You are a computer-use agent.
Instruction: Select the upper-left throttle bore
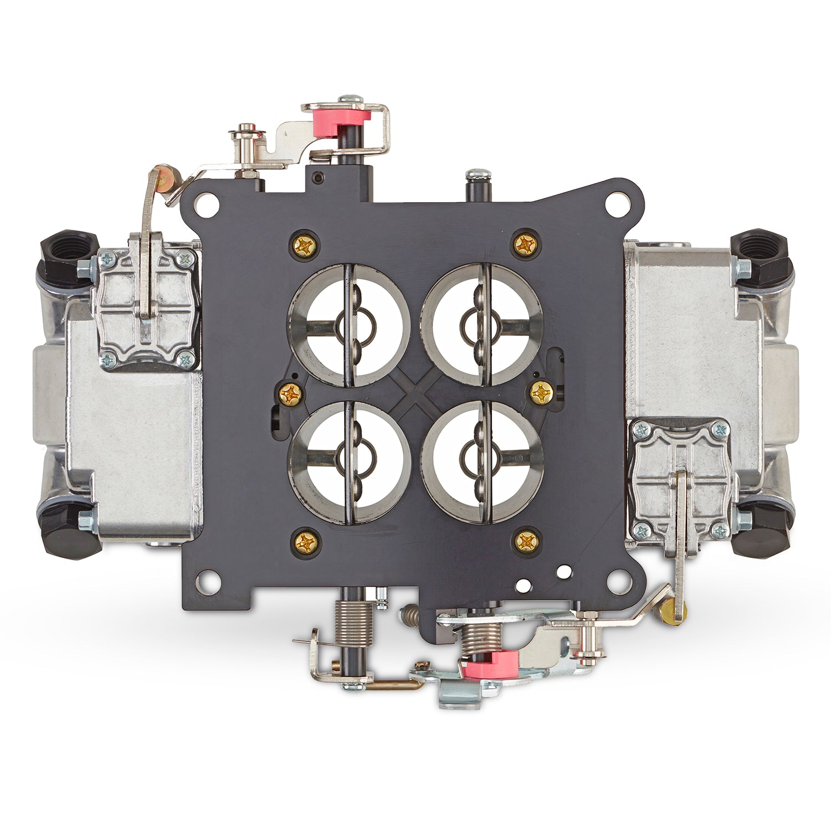click(349, 325)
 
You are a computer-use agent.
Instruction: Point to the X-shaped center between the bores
click(416, 393)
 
